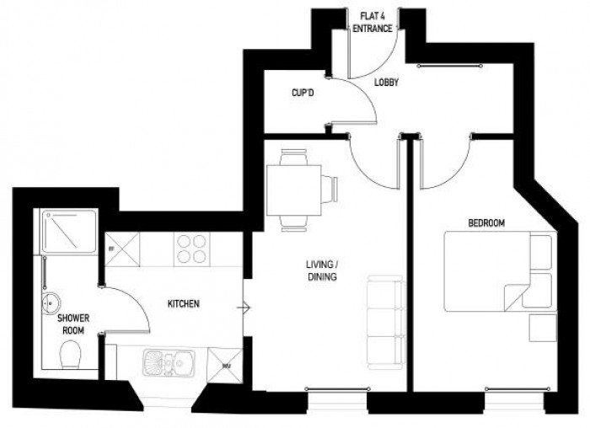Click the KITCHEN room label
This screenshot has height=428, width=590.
click(185, 303)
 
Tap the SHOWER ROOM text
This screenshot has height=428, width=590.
click(73, 323)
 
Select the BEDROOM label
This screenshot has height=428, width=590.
click(486, 223)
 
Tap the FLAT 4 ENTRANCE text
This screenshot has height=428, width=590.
click(373, 23)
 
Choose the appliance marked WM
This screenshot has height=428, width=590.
click(227, 366)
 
